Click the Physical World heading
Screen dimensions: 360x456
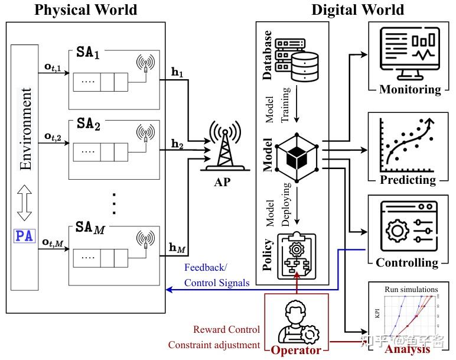coord(86,9)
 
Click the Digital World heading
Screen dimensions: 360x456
coord(357,9)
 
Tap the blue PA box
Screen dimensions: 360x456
coord(25,237)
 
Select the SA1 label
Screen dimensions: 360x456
coord(89,53)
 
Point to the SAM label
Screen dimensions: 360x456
coord(90,227)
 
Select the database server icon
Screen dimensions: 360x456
coord(297,57)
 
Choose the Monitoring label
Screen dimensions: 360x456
coord(410,90)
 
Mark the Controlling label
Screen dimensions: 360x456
coord(407,262)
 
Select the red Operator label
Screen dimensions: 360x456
coord(296,351)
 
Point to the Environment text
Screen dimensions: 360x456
coord(25,129)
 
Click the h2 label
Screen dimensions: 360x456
coord(177,143)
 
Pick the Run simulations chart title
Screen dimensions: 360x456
coord(411,290)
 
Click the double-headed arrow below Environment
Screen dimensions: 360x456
coord(25,202)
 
